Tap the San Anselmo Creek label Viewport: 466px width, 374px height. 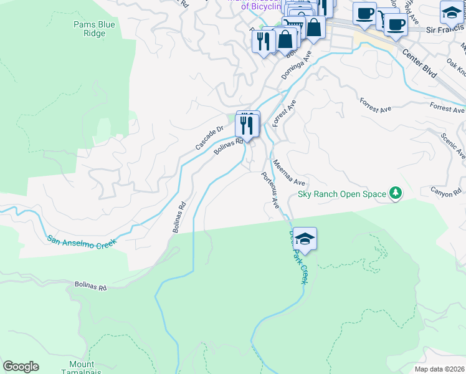[x=82, y=241]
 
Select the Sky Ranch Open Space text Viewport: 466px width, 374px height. [x=342, y=194]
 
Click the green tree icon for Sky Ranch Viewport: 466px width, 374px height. [x=395, y=193]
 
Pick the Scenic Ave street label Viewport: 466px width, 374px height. [x=452, y=145]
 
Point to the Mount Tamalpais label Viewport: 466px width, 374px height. [x=82, y=368]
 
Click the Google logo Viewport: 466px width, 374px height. [x=21, y=367]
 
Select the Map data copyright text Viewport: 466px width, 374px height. [x=439, y=369]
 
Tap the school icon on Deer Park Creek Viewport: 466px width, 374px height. [x=305, y=238]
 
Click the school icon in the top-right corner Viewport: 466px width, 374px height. [x=452, y=12]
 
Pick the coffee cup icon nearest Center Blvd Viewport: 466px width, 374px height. [x=395, y=25]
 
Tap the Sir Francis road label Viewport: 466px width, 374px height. [x=445, y=29]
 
